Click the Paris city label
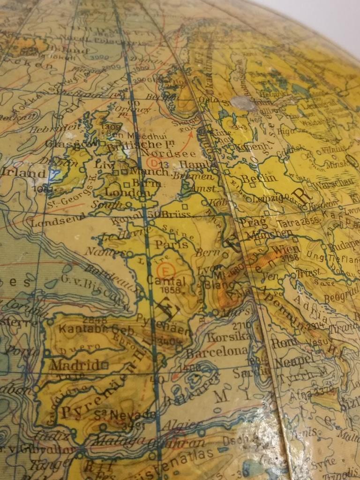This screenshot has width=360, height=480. tap(171, 244)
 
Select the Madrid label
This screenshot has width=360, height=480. tap(75, 365)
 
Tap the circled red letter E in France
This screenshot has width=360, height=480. tap(164, 270)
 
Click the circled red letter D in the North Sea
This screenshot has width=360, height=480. tap(153, 162)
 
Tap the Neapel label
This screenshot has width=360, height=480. tap(293, 361)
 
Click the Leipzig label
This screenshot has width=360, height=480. tap(265, 199)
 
